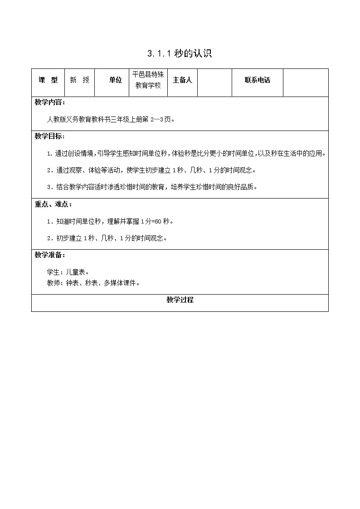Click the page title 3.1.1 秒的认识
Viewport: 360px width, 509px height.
[x=180, y=54]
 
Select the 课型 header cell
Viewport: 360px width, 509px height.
[x=48, y=80]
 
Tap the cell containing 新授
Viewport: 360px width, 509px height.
[x=79, y=80]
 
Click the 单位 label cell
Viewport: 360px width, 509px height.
[x=116, y=80]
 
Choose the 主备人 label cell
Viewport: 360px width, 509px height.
[x=182, y=80]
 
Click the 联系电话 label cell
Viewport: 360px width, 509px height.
[x=257, y=80]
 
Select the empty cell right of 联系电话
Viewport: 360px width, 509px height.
[x=305, y=82]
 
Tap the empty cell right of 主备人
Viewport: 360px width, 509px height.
[x=214, y=82]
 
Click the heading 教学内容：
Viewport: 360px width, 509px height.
[x=50, y=102]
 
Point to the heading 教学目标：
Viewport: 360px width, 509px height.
[x=50, y=136]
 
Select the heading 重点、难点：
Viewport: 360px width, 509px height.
[x=53, y=204]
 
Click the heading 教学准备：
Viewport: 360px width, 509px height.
[x=50, y=255]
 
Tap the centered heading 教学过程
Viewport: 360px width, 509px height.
[x=180, y=300]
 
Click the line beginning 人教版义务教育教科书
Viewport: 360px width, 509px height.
[x=111, y=120]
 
